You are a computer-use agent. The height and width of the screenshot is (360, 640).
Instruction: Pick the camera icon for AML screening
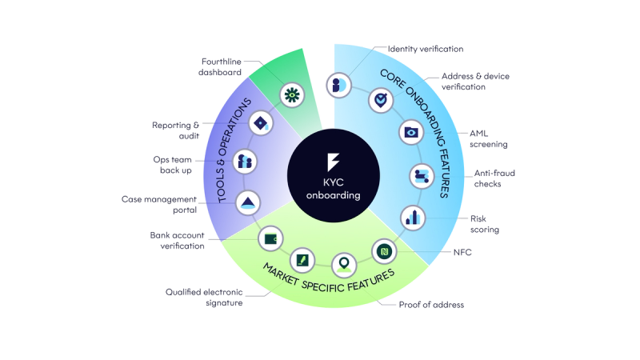[411, 132]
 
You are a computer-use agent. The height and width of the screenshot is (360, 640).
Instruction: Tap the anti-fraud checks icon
[421, 175]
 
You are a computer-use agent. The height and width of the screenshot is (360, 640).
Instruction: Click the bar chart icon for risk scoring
[413, 216]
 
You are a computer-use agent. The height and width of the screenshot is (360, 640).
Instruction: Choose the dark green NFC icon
[385, 251]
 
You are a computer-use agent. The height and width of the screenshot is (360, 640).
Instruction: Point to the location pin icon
[344, 262]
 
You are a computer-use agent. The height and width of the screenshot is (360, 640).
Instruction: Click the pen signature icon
[302, 260]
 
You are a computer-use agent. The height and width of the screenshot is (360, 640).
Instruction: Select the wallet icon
[270, 238]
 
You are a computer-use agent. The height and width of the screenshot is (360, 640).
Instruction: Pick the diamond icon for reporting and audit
[261, 122]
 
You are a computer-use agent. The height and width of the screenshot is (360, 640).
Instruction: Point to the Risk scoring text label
[485, 223]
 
